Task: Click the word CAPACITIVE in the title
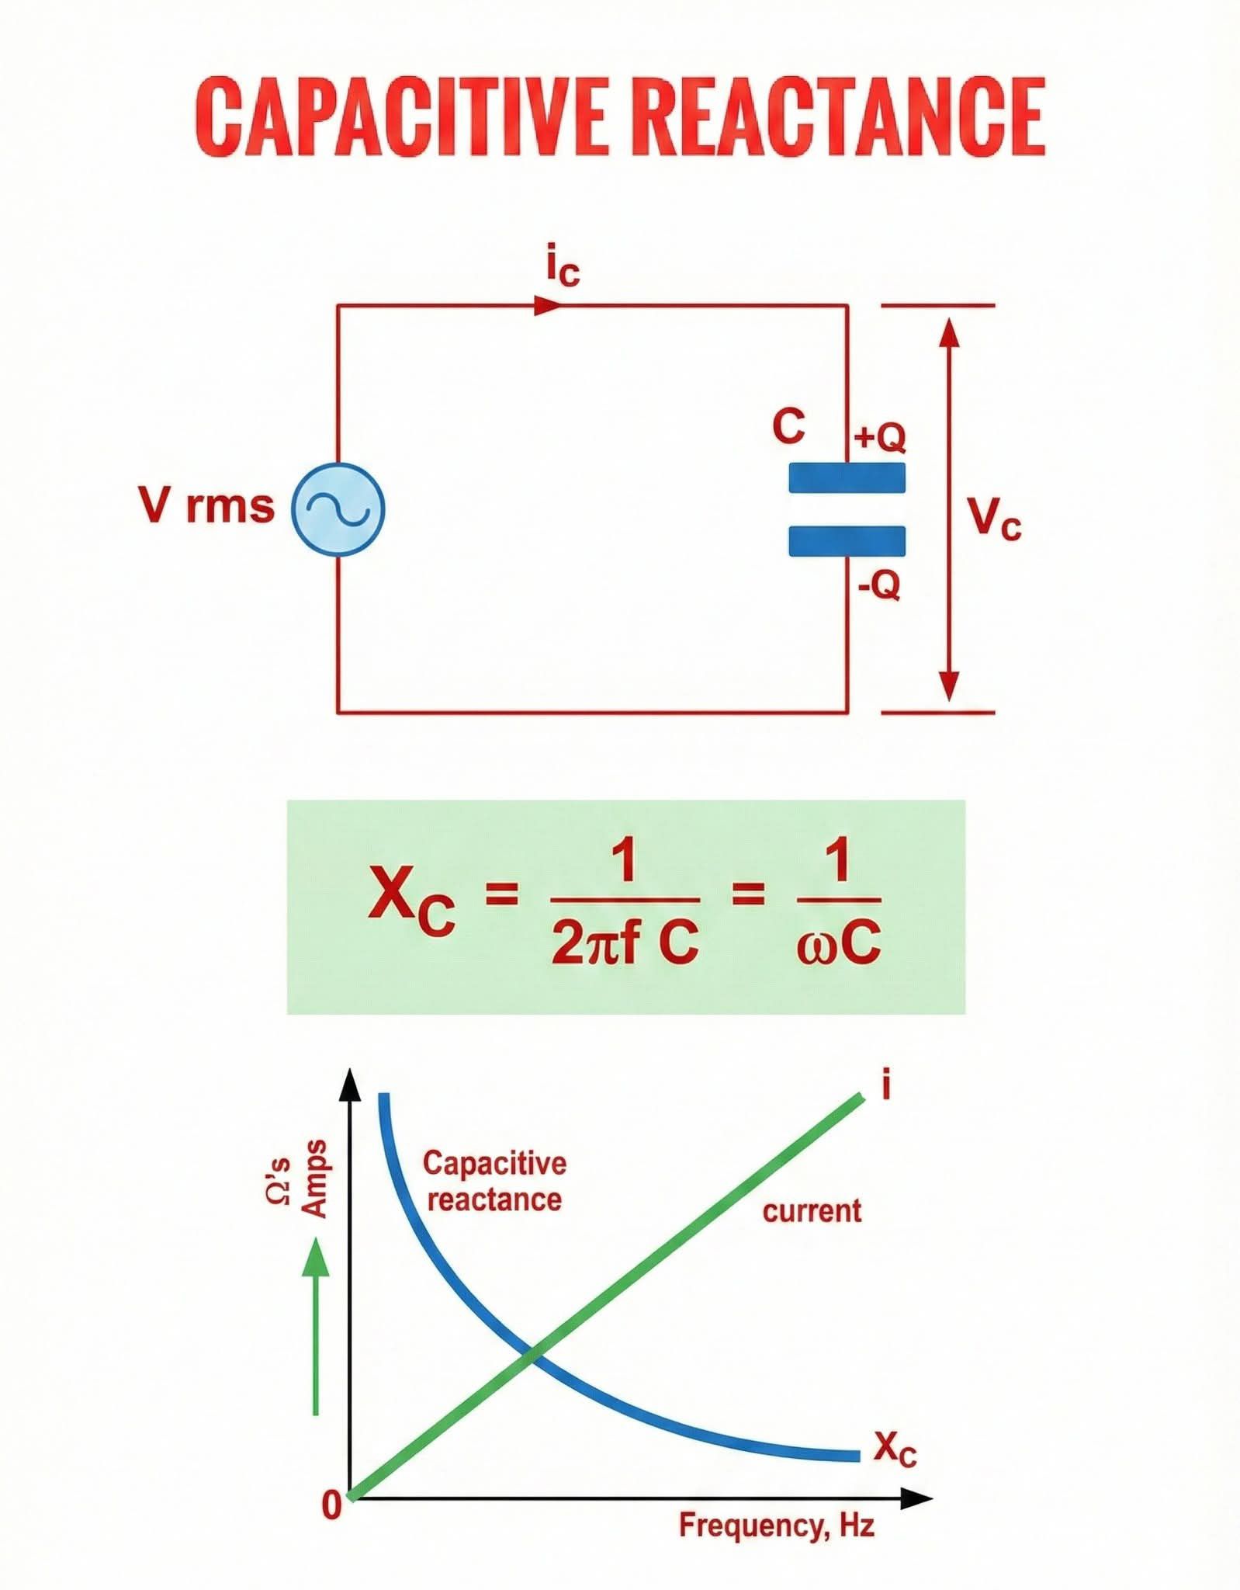coord(400,117)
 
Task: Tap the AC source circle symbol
coord(338,509)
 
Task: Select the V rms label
coord(206,505)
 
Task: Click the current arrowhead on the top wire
coord(547,305)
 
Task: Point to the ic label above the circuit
coord(563,269)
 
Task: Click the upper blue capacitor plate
coord(847,477)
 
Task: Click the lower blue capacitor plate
coord(847,541)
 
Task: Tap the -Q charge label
coord(879,585)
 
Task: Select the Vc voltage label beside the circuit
coord(994,517)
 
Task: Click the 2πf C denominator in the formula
coord(625,943)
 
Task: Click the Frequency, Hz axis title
coord(777,1526)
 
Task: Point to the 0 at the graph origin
coord(331,1505)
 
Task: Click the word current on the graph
coord(812,1211)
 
